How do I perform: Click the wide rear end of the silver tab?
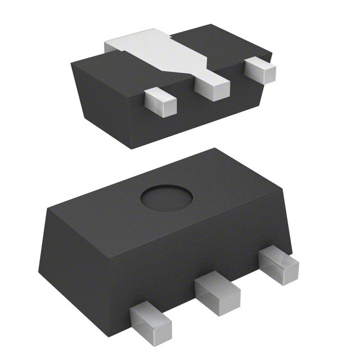coord(135,42)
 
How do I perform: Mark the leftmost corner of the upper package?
coord(71,64)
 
